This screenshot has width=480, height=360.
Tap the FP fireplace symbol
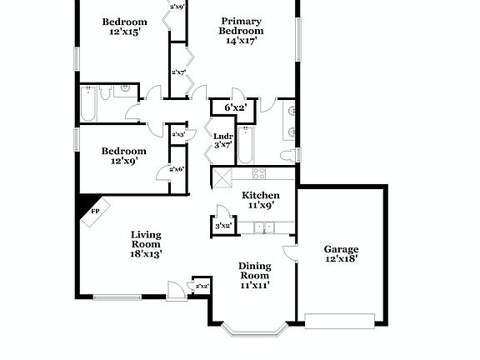[x=94, y=212]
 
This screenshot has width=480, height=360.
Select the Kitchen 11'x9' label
[x=261, y=199]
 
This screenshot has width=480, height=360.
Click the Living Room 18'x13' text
[x=145, y=244]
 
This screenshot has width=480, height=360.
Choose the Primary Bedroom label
[x=241, y=30]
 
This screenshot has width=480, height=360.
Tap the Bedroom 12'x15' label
[x=124, y=27]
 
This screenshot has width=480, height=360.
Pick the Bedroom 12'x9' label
[x=123, y=156]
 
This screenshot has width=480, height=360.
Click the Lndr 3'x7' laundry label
[x=222, y=141]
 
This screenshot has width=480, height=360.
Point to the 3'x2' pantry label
[x=222, y=226]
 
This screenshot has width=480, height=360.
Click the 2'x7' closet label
[x=178, y=72]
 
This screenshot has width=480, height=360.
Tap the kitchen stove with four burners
[x=258, y=174]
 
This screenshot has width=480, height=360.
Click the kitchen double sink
[x=265, y=227]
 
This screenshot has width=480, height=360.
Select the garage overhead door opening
[x=339, y=320]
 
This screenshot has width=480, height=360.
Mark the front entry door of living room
[x=175, y=292]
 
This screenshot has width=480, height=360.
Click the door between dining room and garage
[x=289, y=252]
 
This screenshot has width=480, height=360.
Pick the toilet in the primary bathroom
[x=287, y=155]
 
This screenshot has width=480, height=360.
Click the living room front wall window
[x=117, y=296]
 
